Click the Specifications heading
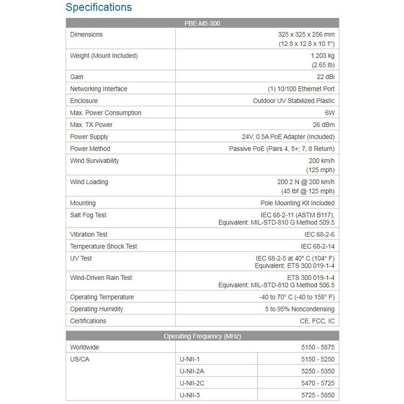(x=98, y=8)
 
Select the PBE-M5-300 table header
(x=202, y=23)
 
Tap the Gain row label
(x=77, y=77)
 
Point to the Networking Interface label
(x=98, y=89)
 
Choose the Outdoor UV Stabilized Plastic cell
(x=294, y=101)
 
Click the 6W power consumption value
(x=329, y=113)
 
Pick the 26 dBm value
(x=322, y=125)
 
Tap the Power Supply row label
(x=89, y=137)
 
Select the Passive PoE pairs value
(x=282, y=149)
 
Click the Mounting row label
(x=83, y=203)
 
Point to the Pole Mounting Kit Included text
(x=298, y=203)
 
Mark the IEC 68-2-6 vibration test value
(x=318, y=235)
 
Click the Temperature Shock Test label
(x=104, y=247)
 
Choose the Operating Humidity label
(x=97, y=309)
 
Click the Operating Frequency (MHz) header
(x=202, y=336)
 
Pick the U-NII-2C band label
(x=193, y=383)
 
